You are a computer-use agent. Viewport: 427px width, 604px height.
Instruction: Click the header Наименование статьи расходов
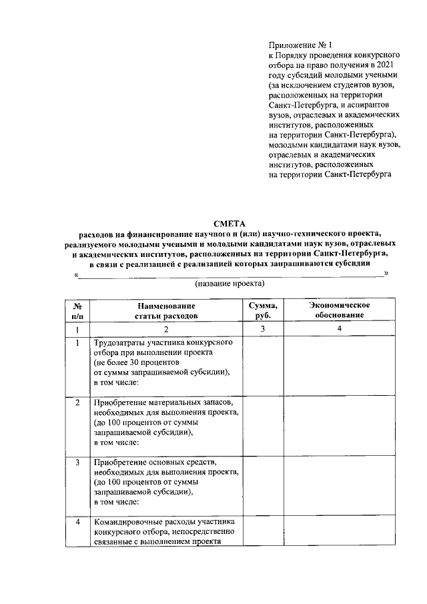(x=166, y=310)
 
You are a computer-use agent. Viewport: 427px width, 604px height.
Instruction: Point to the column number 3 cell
(x=263, y=329)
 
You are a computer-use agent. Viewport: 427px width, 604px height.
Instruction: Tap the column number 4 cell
(x=339, y=329)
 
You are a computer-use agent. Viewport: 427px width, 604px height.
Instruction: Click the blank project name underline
(x=231, y=274)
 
